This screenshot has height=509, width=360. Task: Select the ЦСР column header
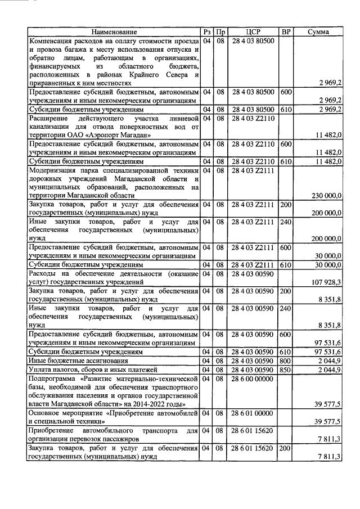253,33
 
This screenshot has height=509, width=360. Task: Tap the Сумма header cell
319,33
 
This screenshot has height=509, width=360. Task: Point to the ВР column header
285,33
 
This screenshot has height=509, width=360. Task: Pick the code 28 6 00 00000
253,380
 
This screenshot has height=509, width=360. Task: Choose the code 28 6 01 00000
253,413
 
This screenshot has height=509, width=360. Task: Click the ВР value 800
285,361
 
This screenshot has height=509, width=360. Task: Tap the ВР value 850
285,370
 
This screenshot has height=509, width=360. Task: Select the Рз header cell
207,33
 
